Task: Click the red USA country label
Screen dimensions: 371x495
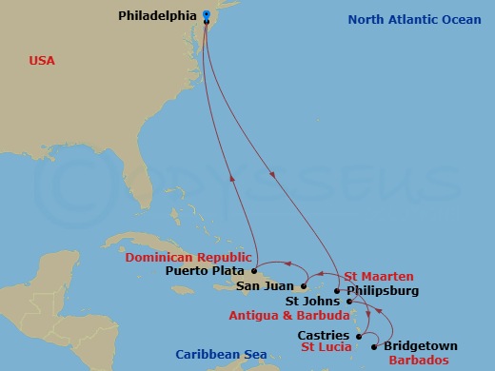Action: [x=41, y=61]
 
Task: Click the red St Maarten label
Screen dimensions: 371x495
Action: [x=373, y=276]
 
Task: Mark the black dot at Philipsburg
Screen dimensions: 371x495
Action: [x=337, y=291]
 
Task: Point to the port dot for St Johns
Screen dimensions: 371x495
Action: [x=349, y=302]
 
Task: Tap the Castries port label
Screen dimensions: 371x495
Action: [x=324, y=335]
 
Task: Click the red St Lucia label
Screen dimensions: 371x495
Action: [x=327, y=347]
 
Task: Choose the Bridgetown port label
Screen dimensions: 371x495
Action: [x=421, y=346]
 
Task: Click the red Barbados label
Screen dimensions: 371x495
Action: [x=417, y=361]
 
